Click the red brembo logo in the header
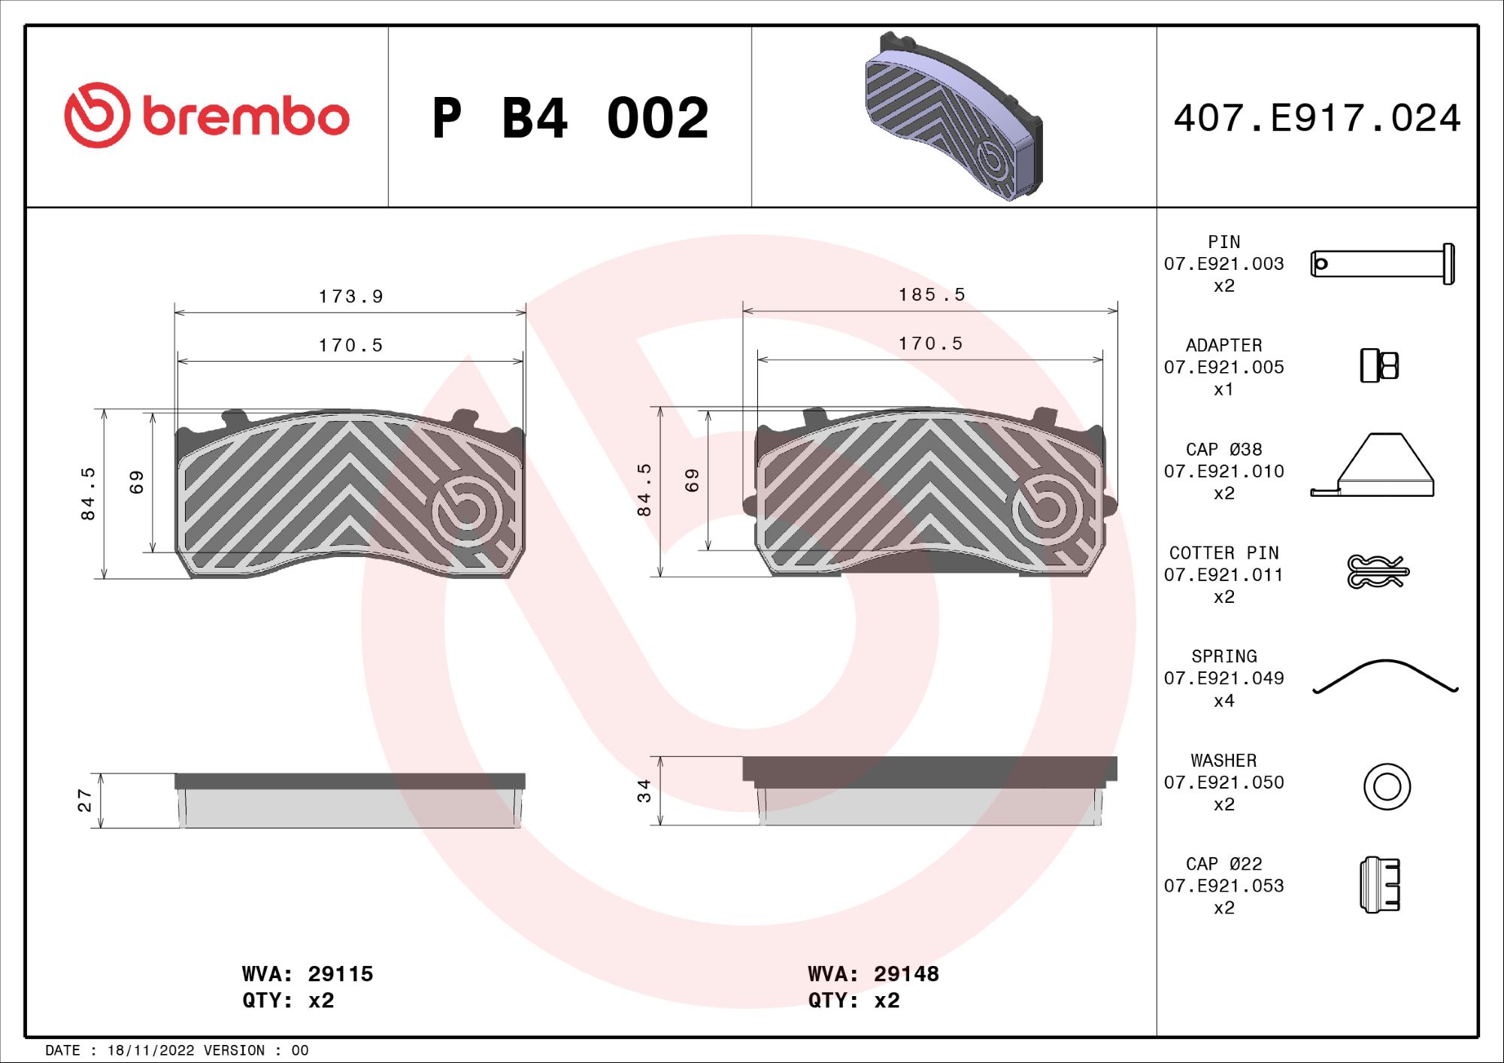(207, 116)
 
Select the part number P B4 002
(570, 119)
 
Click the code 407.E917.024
(1317, 118)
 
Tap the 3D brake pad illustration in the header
(953, 117)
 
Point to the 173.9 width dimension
(350, 297)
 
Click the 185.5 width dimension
(931, 295)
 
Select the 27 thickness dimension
(84, 801)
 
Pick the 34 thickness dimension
(644, 791)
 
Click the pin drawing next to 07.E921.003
(1382, 264)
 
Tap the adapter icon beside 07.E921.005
(1379, 366)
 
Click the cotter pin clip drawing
(1377, 571)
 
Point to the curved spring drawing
(1385, 676)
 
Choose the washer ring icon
(1387, 787)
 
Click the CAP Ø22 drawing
(1380, 885)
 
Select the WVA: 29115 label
(307, 974)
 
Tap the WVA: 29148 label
(873, 974)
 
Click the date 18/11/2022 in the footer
(150, 1050)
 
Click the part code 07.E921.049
(1224, 678)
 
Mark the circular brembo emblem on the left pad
(467, 511)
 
